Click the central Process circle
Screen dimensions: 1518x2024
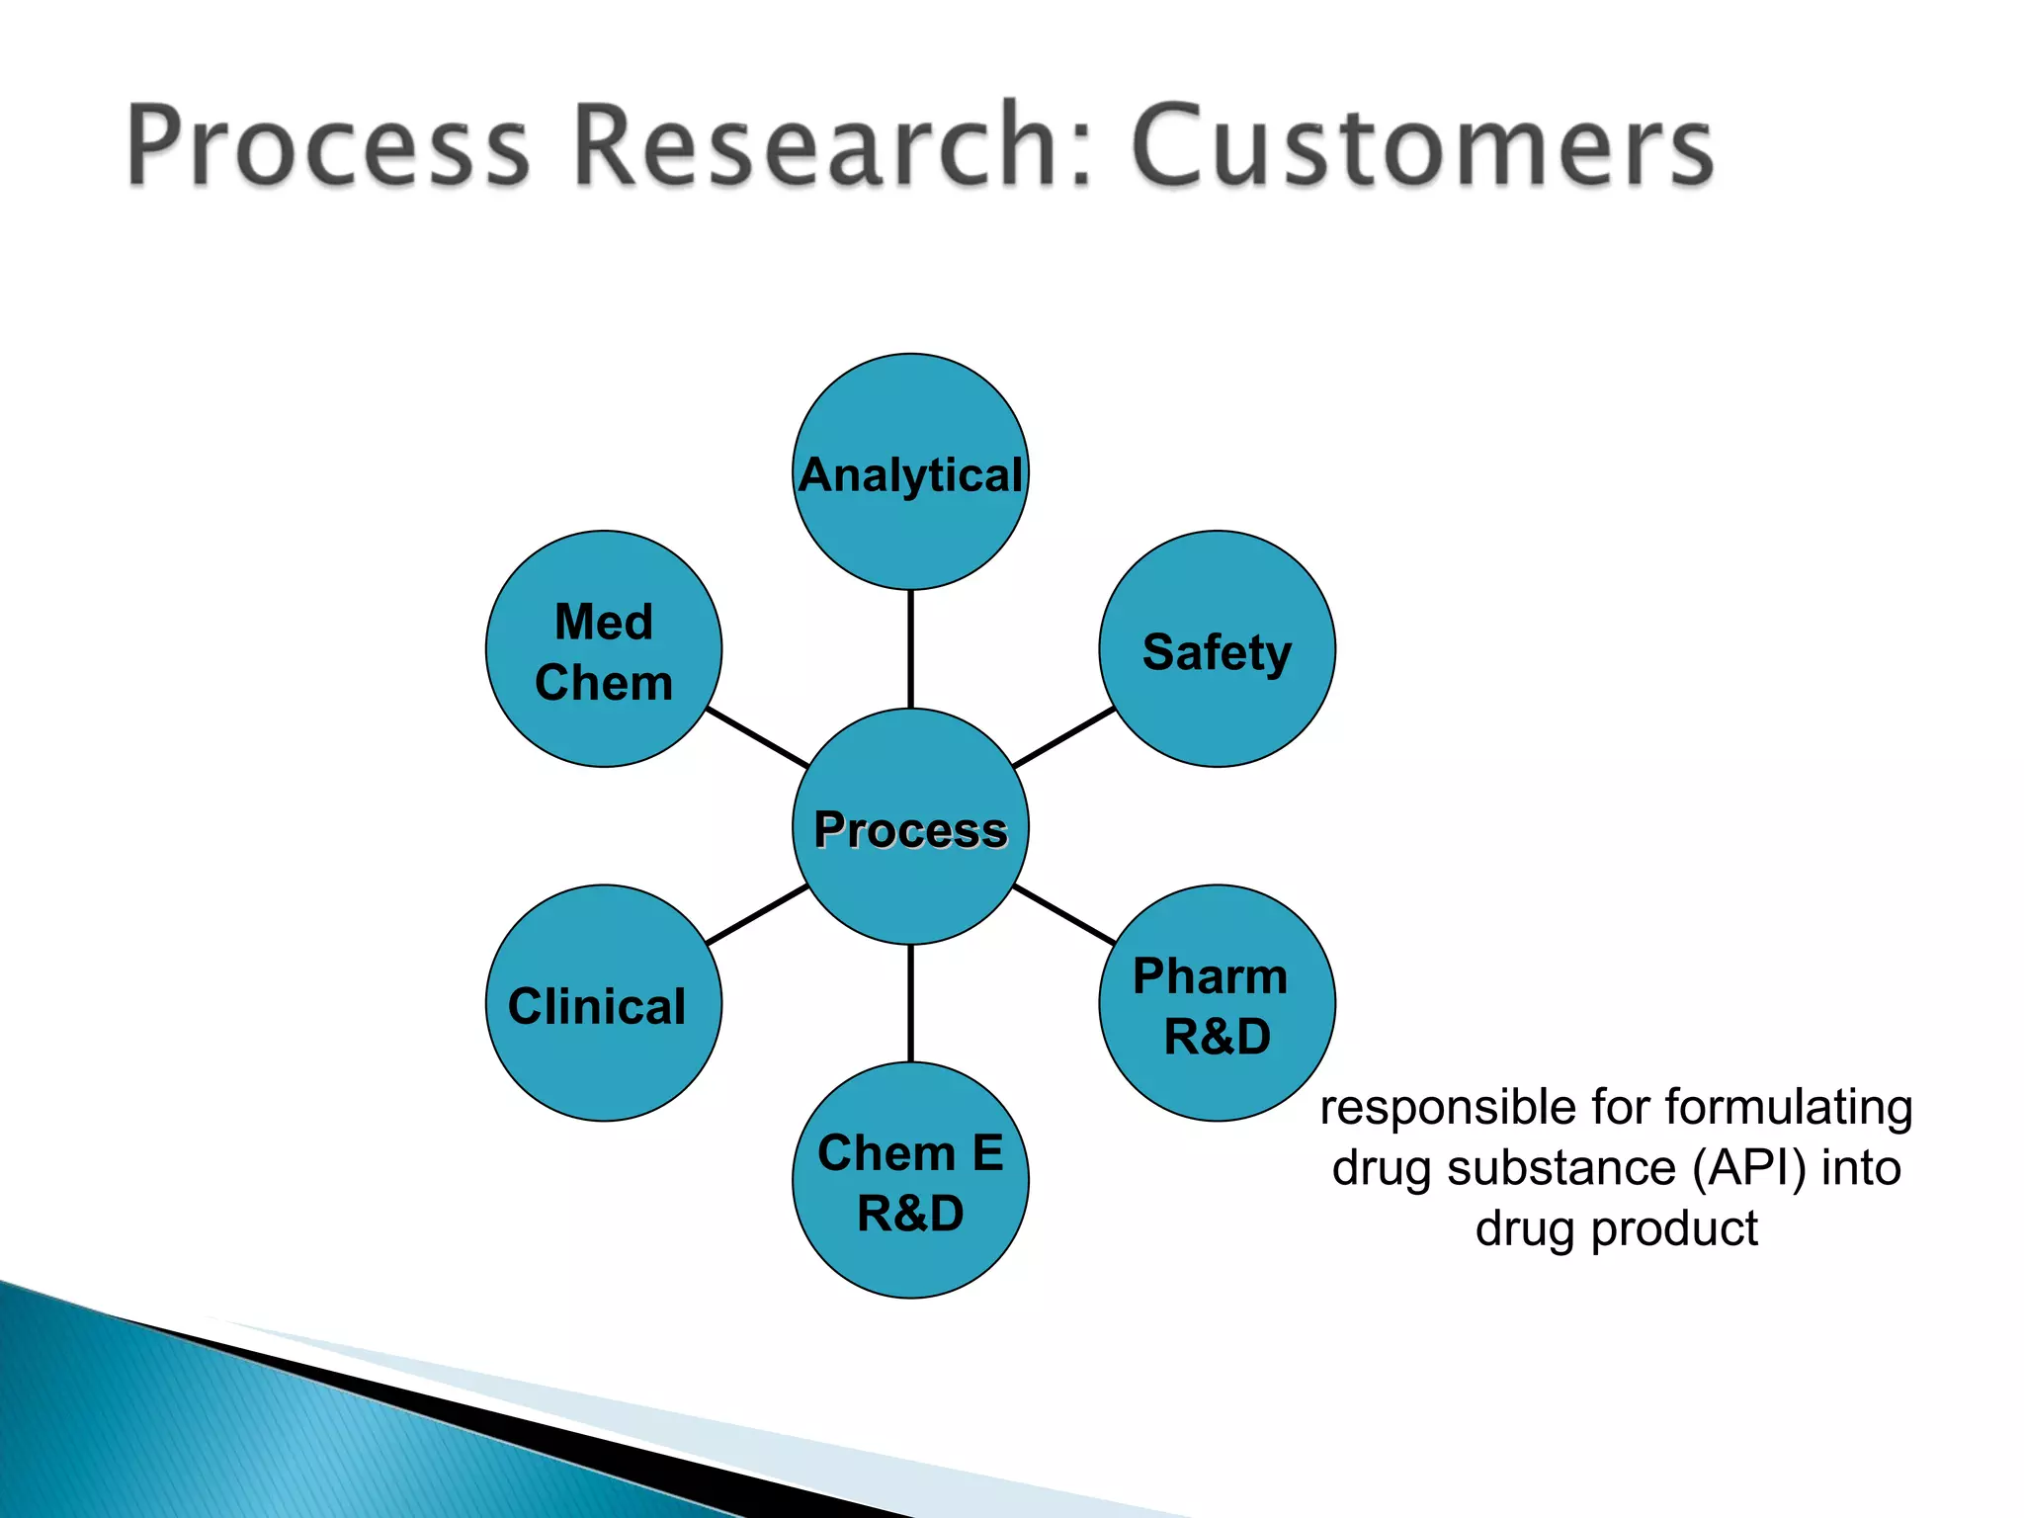pyautogui.click(x=910, y=826)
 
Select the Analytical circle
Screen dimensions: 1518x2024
pyautogui.click(x=910, y=472)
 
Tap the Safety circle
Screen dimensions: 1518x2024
pyautogui.click(x=1217, y=649)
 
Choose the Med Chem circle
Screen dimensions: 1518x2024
pyautogui.click(x=604, y=649)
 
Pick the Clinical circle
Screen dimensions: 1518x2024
pyautogui.click(x=604, y=1003)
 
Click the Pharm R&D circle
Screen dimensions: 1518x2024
pyautogui.click(x=1217, y=1003)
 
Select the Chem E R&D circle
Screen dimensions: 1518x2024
pyautogui.click(x=910, y=1180)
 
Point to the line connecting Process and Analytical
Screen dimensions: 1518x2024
pyautogui.click(x=910, y=649)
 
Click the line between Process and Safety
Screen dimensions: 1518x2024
pyautogui.click(x=1064, y=737)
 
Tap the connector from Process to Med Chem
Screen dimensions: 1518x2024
pyautogui.click(x=758, y=737)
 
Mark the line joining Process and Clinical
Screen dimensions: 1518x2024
pyautogui.click(x=758, y=915)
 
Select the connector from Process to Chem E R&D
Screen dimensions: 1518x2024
pyautogui.click(x=910, y=1003)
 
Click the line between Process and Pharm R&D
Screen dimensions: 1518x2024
pyautogui.click(x=1064, y=915)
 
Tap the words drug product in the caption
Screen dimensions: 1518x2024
pyautogui.click(x=1617, y=1228)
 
